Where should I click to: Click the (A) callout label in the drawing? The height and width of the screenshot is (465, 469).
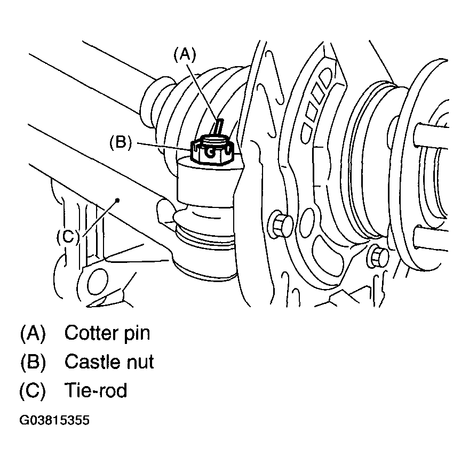pos(185,55)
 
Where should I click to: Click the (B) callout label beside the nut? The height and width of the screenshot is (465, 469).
pos(121,142)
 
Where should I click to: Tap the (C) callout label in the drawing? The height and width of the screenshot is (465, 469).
pos(68,237)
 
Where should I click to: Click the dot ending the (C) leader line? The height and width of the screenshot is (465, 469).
pos(117,200)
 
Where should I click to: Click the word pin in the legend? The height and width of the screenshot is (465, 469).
pos(137,333)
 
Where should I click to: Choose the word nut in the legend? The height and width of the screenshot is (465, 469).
pos(140,362)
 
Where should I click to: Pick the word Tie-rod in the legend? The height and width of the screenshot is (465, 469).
pos(96,390)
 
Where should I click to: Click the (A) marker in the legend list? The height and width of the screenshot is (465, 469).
pos(33,333)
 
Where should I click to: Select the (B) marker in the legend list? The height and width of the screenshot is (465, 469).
pos(33,362)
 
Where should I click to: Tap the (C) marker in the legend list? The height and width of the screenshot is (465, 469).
pos(33,390)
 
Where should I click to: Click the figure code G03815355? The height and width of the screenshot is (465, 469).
pos(54,420)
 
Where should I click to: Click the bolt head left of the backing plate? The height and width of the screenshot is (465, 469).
pos(281,225)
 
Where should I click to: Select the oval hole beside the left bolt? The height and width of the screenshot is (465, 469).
pos(308,220)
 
